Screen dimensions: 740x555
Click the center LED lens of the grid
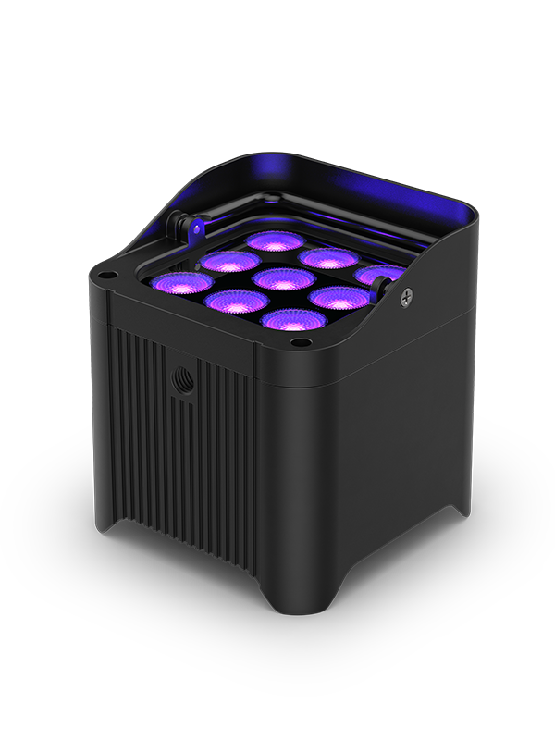pos(284,277)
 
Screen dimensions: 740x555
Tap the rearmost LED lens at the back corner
pos(271,240)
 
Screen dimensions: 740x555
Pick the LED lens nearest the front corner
pos(286,319)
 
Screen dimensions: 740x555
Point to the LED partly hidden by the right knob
pos(381,275)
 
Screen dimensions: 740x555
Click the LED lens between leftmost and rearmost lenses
pos(228,260)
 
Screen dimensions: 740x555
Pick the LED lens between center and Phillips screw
pos(333,297)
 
